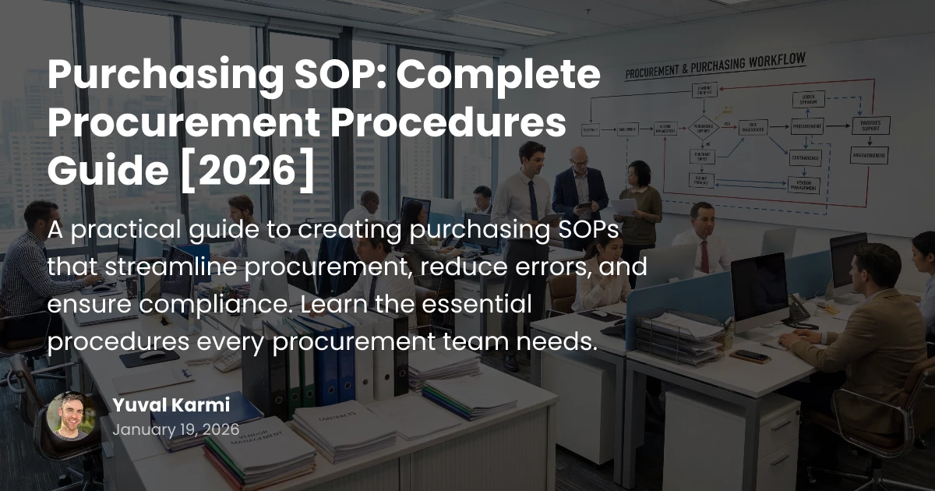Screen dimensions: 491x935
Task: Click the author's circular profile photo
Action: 70,415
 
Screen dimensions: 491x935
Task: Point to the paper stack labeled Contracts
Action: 343,425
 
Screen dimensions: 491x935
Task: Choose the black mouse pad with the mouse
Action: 149,357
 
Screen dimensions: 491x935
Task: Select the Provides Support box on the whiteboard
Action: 870,125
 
